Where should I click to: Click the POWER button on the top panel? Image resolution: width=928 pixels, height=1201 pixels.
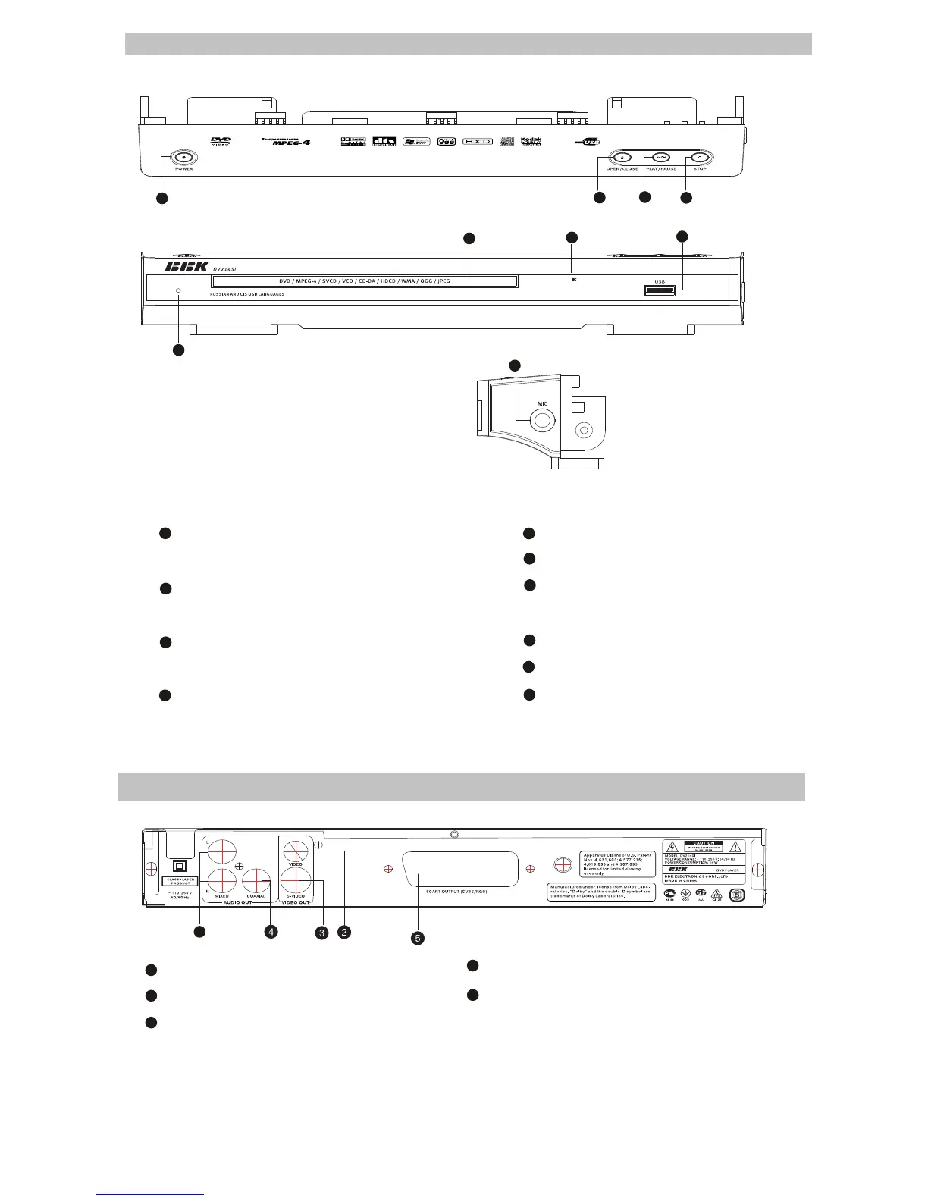pyautogui.click(x=184, y=157)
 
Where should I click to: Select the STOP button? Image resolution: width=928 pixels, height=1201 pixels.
pyautogui.click(x=701, y=158)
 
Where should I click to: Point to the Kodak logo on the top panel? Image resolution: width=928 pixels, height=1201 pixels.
pyautogui.click(x=531, y=141)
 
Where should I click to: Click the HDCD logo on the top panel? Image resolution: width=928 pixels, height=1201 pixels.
pyautogui.click(x=478, y=141)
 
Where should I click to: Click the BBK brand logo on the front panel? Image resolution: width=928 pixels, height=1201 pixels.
pyautogui.click(x=187, y=267)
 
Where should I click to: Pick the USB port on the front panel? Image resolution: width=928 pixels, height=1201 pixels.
pyautogui.click(x=660, y=290)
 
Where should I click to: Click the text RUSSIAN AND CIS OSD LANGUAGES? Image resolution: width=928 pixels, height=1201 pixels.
pyautogui.click(x=246, y=294)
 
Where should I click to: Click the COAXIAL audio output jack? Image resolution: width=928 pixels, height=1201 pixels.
pyautogui.click(x=256, y=881)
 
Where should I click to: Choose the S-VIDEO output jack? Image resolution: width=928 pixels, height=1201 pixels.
pyautogui.click(x=294, y=881)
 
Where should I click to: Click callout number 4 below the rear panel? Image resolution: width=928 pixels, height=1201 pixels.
pyautogui.click(x=271, y=932)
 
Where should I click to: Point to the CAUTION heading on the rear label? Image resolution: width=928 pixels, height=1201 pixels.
pyautogui.click(x=704, y=843)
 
